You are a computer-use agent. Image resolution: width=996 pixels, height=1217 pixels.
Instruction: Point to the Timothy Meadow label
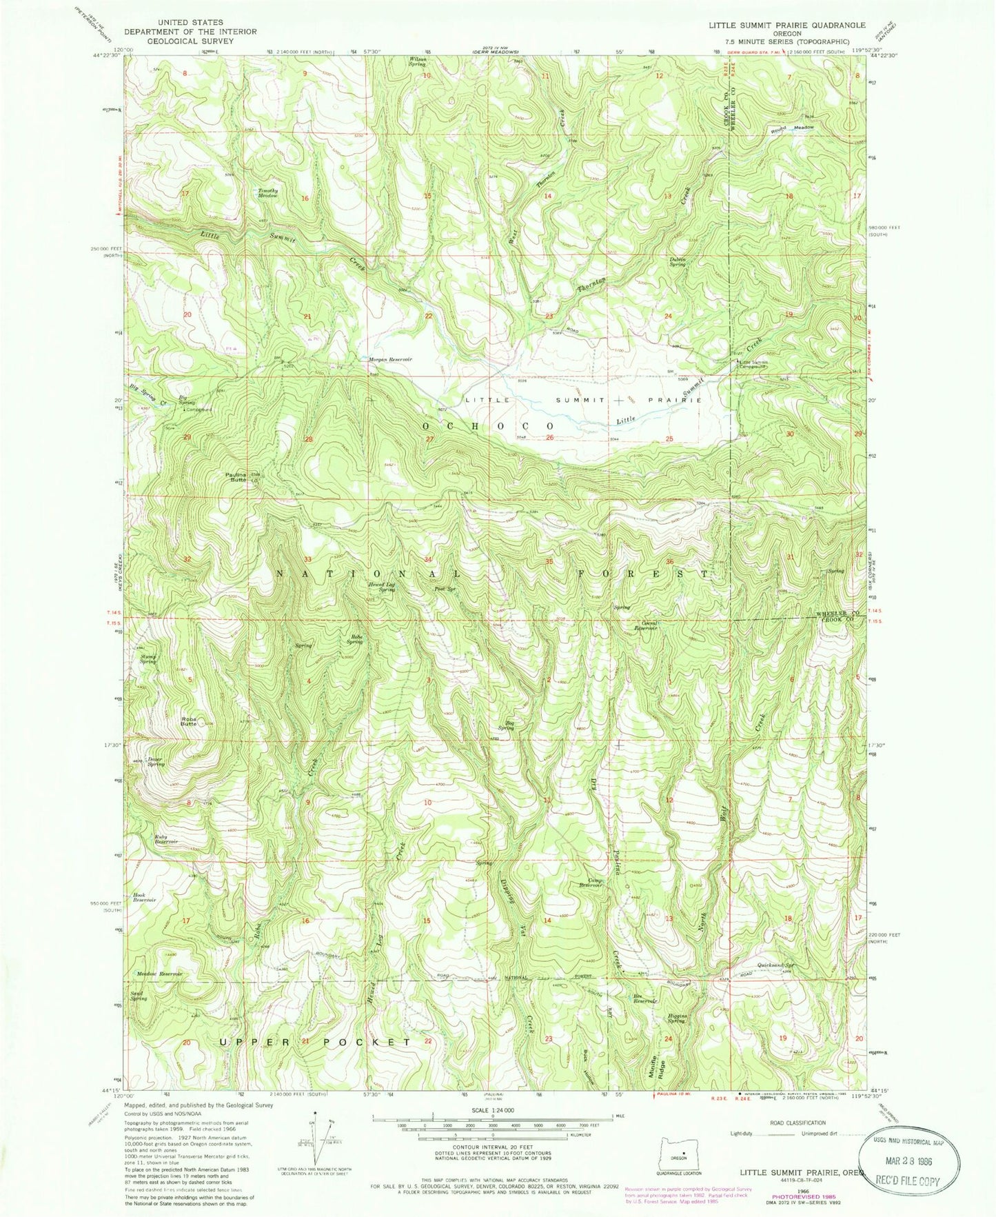point(268,193)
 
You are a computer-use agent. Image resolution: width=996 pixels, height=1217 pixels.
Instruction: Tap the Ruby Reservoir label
point(167,839)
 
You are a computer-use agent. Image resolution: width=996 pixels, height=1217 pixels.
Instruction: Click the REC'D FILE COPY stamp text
point(911,1181)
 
